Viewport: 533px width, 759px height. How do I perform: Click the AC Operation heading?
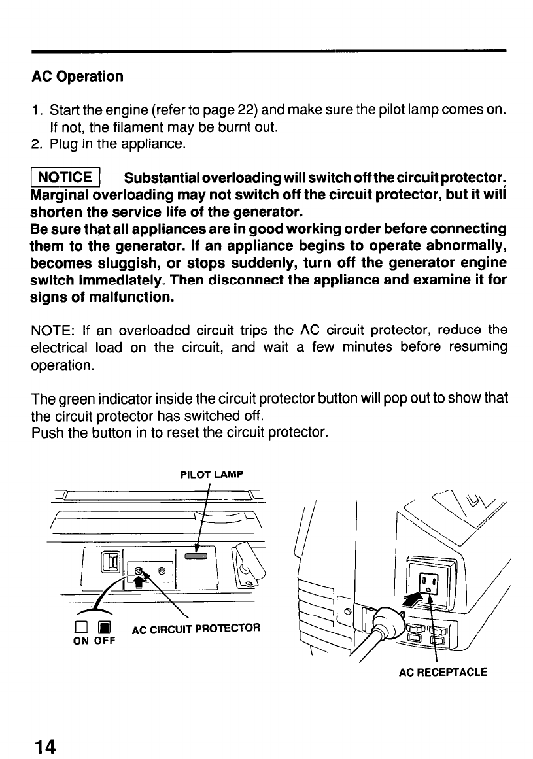[x=77, y=76]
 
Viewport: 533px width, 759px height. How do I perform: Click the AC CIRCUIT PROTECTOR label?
[x=196, y=630]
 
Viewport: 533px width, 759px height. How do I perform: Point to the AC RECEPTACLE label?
[x=443, y=671]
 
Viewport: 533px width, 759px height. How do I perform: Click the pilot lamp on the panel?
[x=196, y=556]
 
